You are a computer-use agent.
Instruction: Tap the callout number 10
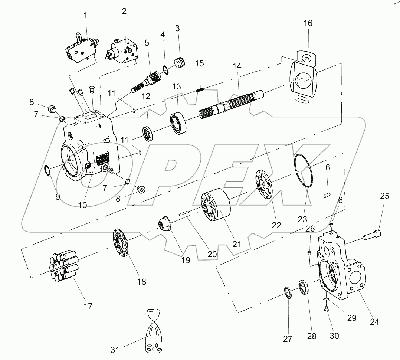pyautogui.click(x=82, y=204)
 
